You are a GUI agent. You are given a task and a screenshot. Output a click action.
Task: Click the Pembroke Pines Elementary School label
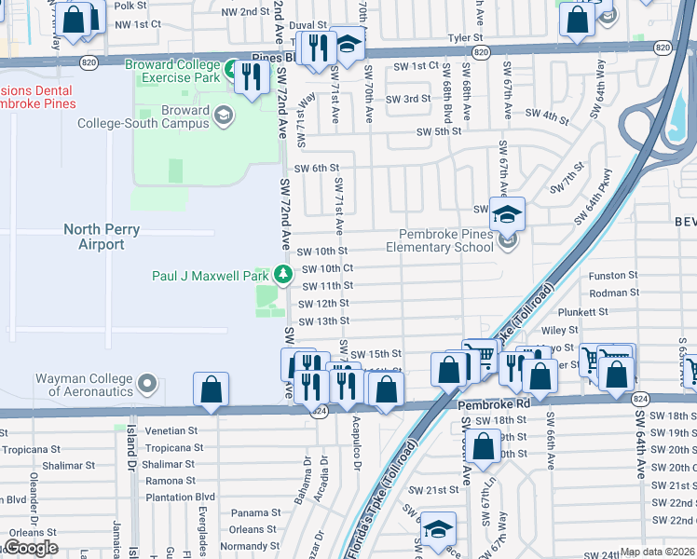coord(446,240)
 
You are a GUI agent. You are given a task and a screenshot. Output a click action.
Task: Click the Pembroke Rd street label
coord(492,405)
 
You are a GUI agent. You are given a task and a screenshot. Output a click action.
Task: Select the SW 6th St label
coord(315,168)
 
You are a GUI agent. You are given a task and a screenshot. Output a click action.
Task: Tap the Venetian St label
coord(166,431)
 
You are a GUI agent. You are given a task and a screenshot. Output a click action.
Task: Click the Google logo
coord(31,548)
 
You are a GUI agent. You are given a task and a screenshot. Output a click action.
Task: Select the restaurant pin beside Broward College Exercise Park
coord(250,76)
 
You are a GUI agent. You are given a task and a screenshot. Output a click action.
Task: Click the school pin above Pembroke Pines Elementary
coord(507,214)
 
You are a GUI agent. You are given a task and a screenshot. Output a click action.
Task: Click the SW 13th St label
coord(323,320)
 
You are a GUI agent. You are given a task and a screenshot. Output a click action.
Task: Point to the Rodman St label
coord(613,293)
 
